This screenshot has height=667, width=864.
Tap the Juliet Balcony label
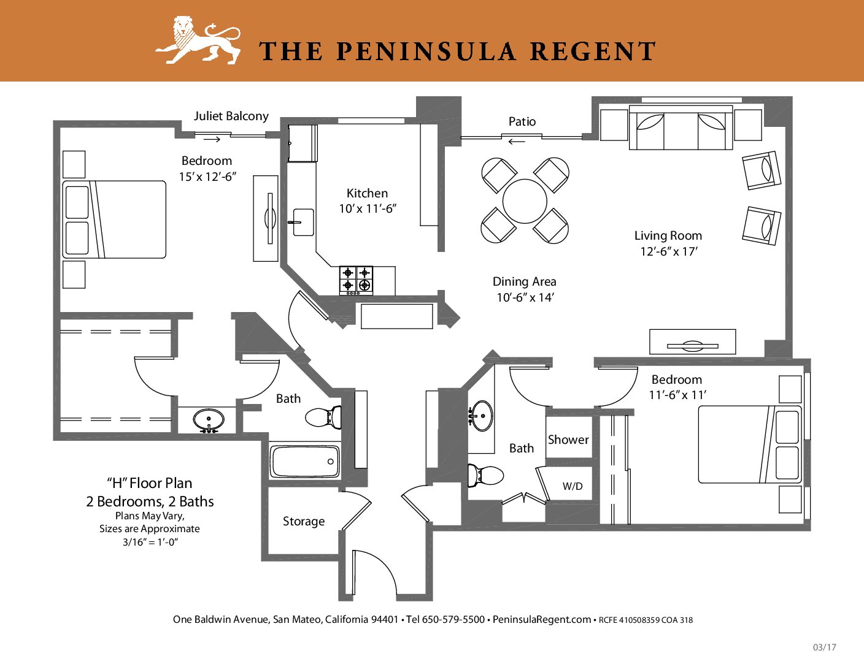tap(231, 116)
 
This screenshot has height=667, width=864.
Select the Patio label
tap(522, 121)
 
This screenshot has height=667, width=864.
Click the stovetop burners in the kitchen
tap(357, 280)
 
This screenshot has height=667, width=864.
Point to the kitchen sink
tap(303, 223)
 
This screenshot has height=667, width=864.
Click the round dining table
tap(525, 201)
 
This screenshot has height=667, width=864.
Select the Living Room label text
tap(668, 235)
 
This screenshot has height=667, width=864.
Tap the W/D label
tap(573, 486)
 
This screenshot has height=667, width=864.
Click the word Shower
tap(568, 440)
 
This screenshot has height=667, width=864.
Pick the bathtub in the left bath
tap(304, 462)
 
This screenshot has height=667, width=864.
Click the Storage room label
tap(304, 521)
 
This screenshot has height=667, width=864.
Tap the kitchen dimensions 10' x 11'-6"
tap(368, 208)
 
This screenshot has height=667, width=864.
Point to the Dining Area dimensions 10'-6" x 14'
tap(525, 297)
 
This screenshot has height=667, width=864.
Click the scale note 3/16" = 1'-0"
tap(150, 543)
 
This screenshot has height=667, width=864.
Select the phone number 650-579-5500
tap(453, 619)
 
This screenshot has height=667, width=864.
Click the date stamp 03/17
tap(824, 647)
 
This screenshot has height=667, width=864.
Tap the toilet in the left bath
tap(323, 417)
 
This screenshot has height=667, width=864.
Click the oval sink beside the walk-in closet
tap(209, 420)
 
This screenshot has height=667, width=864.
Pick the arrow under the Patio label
tap(517, 141)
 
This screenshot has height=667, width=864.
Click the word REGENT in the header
tap(593, 51)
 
